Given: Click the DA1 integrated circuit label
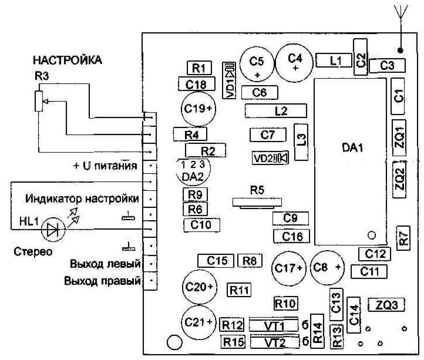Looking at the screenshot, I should coord(353,150).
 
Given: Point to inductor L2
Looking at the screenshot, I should coord(276,110).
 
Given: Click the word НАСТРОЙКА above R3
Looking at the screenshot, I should coord(68,60).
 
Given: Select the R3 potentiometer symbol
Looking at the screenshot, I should coord(39,100).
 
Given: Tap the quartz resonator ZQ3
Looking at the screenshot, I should coord(387,305).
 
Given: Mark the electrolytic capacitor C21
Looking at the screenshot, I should coord(199,322).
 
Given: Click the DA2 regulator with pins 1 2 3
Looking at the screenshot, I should coord(193,170).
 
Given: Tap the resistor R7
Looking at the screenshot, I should coord(403,238).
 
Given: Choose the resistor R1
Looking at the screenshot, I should coord(198,67).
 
